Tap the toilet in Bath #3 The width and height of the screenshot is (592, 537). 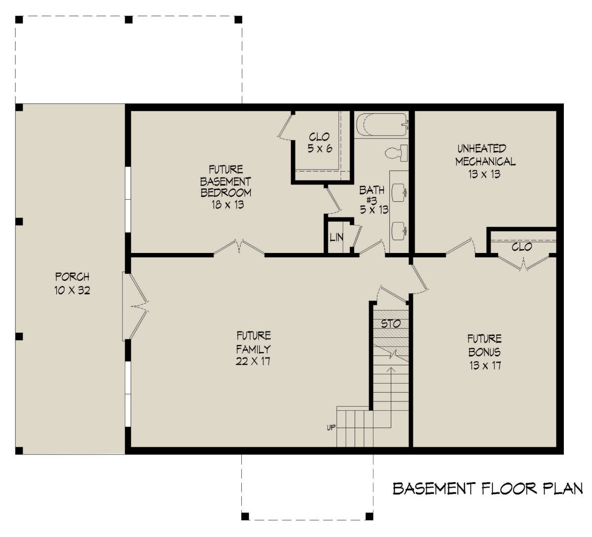tap(397, 152)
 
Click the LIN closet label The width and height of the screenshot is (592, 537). tap(336, 237)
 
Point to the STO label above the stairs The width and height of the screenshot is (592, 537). tap(391, 324)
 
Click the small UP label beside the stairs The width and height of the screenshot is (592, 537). tap(331, 427)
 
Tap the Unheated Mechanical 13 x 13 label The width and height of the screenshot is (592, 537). tap(485, 161)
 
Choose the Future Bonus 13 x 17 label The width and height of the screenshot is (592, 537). tap(484, 352)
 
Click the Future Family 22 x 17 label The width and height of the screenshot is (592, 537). tap(253, 348)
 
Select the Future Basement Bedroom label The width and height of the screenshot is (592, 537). tap(226, 187)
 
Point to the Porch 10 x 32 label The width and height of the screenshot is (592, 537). tap(73, 284)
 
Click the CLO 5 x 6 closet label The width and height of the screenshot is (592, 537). tap(319, 143)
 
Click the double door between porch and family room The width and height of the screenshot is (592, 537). tap(134, 306)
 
